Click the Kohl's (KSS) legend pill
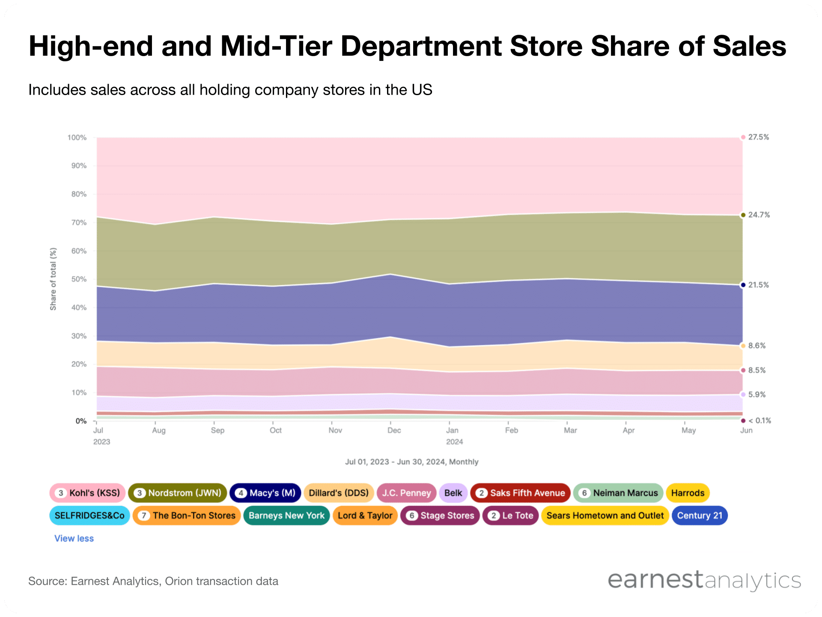87,493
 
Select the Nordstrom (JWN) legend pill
177,493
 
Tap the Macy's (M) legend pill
265,493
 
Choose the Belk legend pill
453,493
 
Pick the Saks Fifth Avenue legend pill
520,493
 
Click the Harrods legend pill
688,493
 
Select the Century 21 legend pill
700,515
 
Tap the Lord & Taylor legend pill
365,515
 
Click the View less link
74,539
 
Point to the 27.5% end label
758,137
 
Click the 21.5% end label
758,285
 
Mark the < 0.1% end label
759,421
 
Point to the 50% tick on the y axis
79,279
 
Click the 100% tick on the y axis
77,138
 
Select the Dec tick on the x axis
394,430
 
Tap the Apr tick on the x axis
628,430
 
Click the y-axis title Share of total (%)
53,279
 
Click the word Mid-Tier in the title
276,46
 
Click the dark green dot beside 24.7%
743,215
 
